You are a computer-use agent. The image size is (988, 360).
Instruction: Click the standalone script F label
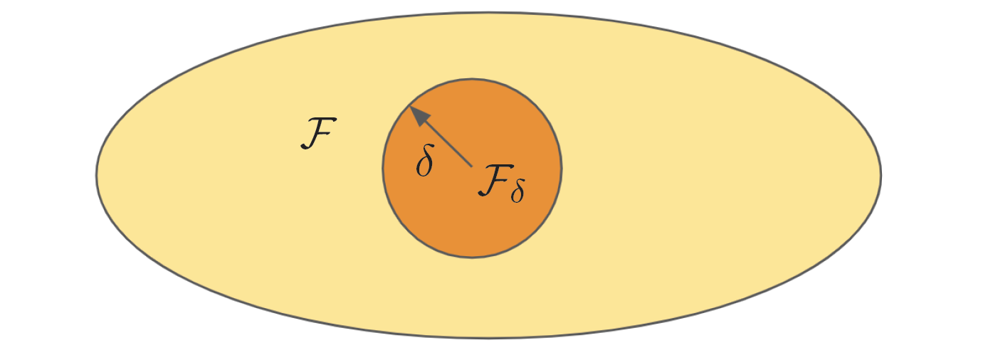pos(318,134)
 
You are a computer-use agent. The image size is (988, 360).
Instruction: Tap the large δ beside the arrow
pos(425,160)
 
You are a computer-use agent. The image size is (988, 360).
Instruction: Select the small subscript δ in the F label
pos(517,191)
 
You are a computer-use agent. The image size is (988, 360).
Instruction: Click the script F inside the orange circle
pos(496,180)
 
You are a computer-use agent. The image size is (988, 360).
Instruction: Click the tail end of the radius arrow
pos(472,167)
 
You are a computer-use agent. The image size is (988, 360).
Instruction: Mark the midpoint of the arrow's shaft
pos(441,137)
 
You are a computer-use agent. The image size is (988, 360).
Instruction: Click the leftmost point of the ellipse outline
pos(97,175)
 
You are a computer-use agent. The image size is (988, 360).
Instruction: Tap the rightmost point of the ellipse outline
pos(881,175)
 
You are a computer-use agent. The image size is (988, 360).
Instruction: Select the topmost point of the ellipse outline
pos(489,12)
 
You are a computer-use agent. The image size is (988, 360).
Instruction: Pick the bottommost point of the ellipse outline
pos(489,338)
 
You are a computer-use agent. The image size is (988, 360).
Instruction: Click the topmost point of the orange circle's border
pos(472,79)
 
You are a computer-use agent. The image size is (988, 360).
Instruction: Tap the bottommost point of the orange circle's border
pos(472,258)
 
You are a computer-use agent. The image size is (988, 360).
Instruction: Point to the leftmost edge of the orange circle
pos(382,168)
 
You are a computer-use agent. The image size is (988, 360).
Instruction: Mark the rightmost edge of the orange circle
pos(562,168)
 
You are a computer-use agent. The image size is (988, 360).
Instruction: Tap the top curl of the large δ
pos(428,147)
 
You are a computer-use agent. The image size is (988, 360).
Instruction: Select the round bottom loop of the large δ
pos(424,167)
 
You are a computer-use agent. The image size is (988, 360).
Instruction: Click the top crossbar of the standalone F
pos(323,119)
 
